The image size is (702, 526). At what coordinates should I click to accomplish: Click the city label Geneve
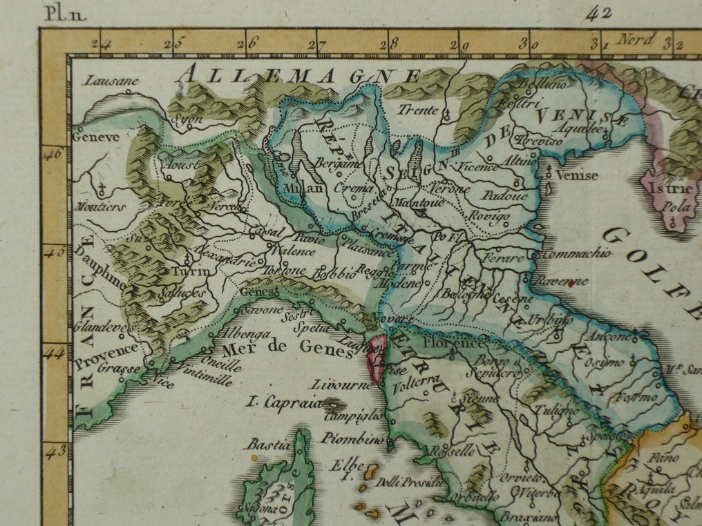[x=96, y=137]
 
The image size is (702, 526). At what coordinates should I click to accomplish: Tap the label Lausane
[x=111, y=81]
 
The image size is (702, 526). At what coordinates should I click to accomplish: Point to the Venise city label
[x=576, y=175]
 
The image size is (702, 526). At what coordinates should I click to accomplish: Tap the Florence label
[x=454, y=342]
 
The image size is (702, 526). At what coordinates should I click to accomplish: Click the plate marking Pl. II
[x=65, y=12]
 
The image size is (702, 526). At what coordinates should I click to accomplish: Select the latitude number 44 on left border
[x=53, y=352]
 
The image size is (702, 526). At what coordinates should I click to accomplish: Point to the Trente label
[x=418, y=110]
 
